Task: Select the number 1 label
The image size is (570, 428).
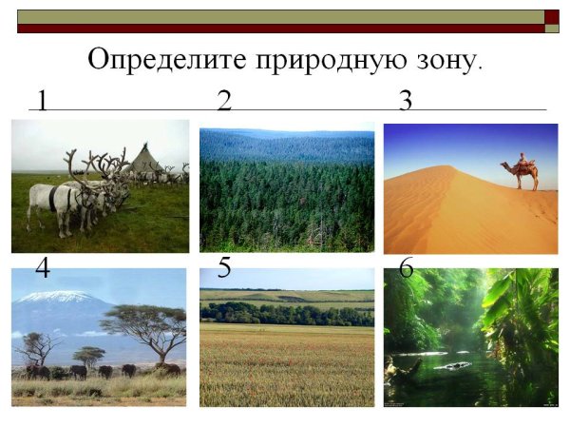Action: pos(43,99)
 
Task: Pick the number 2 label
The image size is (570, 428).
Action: pos(224,99)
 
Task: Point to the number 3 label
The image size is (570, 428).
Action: pos(406,99)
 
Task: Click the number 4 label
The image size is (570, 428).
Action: pos(43,269)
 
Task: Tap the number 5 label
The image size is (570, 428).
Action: pos(224,268)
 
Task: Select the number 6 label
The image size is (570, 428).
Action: pos(406,269)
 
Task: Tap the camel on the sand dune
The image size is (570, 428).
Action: pos(520,173)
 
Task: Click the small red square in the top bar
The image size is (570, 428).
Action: pos(551,16)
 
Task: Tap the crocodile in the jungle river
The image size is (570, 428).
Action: pos(455,365)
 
